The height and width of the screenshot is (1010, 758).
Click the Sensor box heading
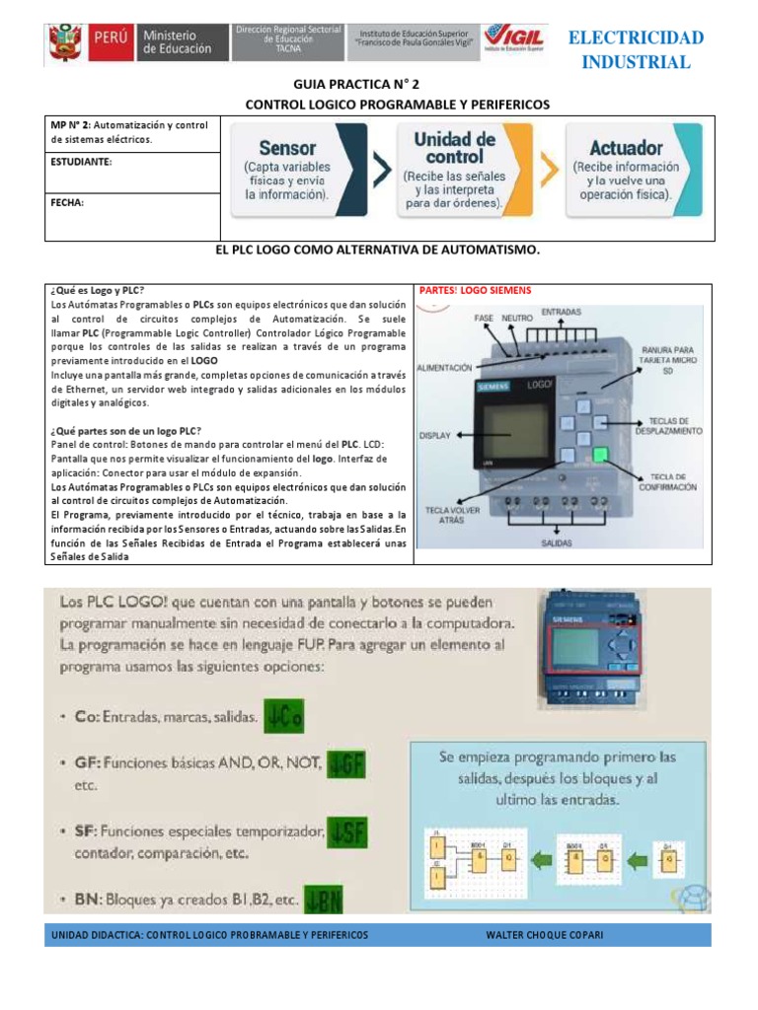tap(287, 148)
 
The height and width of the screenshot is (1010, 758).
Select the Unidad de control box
tap(454, 169)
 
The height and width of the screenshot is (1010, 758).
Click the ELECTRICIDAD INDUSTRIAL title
tap(636, 50)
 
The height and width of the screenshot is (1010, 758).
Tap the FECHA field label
tap(67, 202)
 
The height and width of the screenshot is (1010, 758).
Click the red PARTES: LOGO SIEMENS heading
tap(475, 290)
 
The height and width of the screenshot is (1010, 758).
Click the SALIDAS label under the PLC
tap(559, 542)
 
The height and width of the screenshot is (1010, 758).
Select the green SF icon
tap(347, 834)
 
